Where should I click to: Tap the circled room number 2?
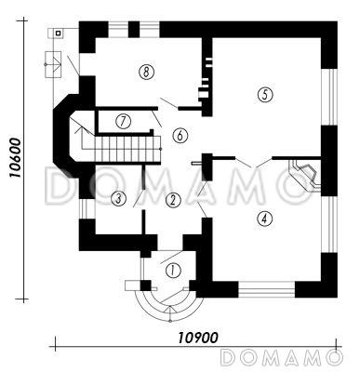[173, 200]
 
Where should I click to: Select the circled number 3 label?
[118, 198]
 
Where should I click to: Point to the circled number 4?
[264, 219]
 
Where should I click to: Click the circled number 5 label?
[265, 95]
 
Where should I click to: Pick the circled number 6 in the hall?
[180, 136]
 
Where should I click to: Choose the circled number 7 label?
[123, 121]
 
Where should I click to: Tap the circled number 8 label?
[147, 73]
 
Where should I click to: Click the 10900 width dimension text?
[198, 338]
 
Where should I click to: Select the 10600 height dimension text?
[15, 158]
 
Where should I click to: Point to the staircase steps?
[127, 150]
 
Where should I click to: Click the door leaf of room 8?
[169, 103]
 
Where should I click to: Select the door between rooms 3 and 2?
[139, 198]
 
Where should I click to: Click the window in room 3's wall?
[84, 208]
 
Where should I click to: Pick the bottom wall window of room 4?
[266, 289]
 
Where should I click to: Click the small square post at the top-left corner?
[58, 33]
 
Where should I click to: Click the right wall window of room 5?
[329, 97]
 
